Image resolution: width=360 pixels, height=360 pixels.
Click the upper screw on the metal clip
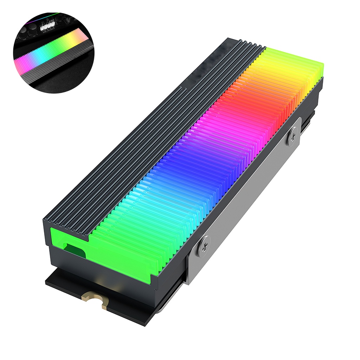pos(292,136)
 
